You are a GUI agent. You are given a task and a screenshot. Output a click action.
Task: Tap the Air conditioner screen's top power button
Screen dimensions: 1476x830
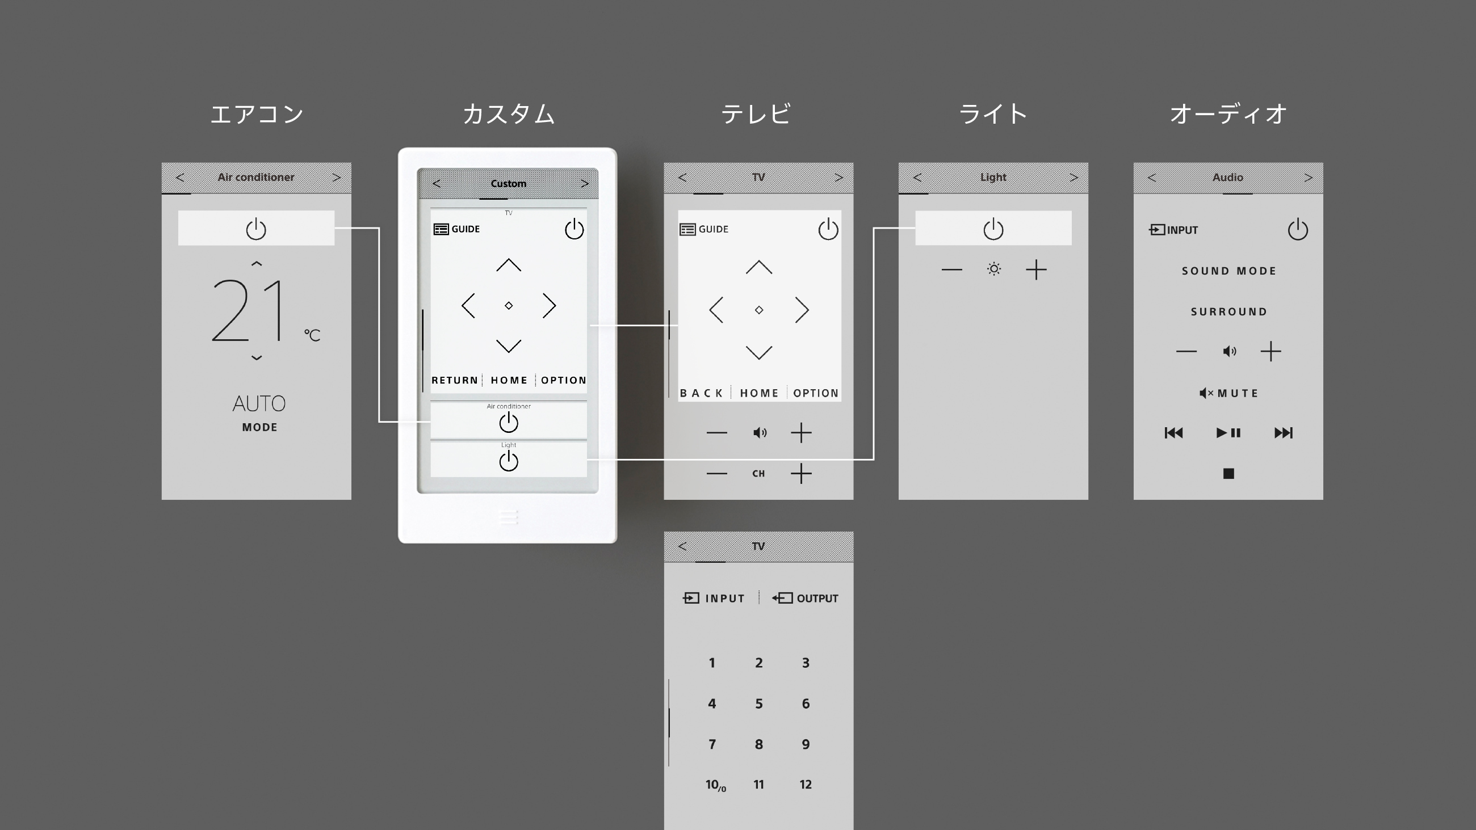click(256, 229)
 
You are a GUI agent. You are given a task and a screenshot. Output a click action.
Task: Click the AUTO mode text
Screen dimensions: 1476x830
click(259, 404)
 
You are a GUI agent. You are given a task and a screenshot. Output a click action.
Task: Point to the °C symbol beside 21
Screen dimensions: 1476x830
click(312, 335)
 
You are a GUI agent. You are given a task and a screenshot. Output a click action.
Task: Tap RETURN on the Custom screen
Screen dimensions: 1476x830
click(454, 380)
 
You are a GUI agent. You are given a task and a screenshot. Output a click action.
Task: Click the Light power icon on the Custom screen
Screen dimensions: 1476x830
click(509, 461)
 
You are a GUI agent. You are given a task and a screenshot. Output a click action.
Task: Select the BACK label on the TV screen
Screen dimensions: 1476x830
click(701, 393)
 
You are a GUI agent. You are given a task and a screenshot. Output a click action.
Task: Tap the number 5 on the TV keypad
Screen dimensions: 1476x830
click(758, 703)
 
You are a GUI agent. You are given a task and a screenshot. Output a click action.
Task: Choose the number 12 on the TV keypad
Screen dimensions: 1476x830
click(806, 784)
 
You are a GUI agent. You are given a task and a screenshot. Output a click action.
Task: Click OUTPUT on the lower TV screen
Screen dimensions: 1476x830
click(817, 599)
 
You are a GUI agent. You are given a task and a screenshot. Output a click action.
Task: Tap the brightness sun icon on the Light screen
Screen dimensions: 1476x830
click(994, 269)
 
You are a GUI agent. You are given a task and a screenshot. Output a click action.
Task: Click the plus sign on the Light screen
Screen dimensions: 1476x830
click(1036, 269)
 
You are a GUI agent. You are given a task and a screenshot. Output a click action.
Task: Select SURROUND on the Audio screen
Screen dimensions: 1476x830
click(1229, 311)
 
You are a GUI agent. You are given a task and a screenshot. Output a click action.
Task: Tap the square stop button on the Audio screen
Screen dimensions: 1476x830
click(1228, 473)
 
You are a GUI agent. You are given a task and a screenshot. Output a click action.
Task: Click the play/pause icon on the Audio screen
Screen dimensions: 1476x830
click(1228, 432)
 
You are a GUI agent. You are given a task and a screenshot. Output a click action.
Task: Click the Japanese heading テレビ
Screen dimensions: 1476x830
click(756, 114)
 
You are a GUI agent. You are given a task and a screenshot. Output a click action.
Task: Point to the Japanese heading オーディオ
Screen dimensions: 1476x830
click(1228, 114)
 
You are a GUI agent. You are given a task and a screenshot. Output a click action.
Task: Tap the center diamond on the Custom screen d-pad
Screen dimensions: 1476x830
click(509, 306)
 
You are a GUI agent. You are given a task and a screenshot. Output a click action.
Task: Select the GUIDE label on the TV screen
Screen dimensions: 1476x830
click(714, 229)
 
